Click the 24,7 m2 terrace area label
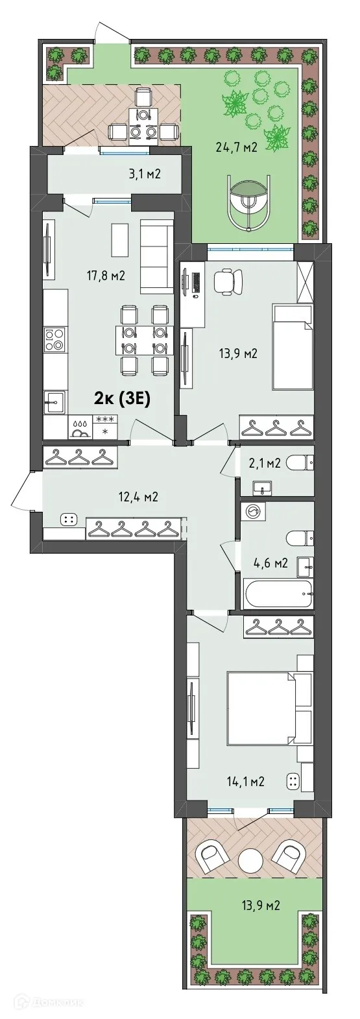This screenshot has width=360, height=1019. [x=236, y=147]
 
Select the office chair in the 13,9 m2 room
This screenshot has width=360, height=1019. [x=226, y=280]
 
